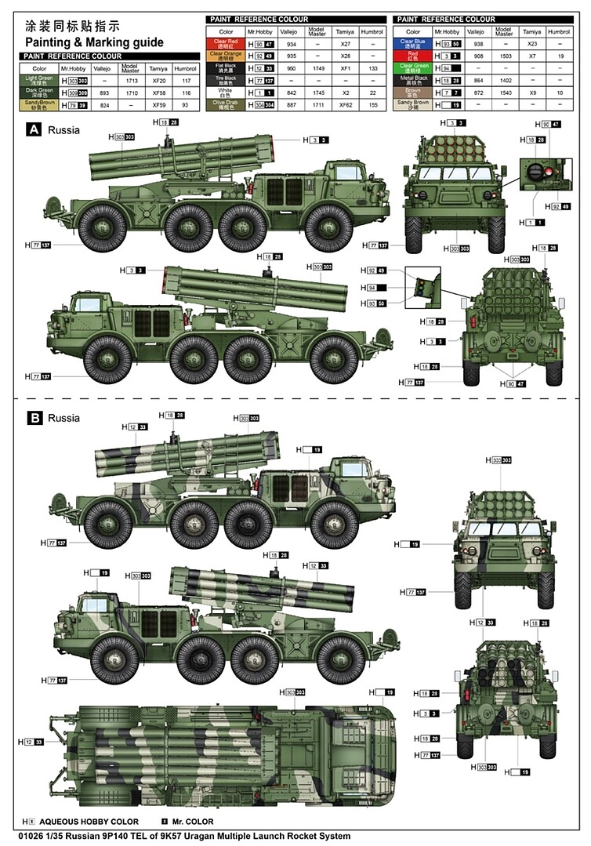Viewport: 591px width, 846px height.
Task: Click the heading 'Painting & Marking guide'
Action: (x=94, y=42)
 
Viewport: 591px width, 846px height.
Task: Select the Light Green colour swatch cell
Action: (x=39, y=80)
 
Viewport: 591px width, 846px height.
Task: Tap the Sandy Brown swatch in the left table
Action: (x=39, y=105)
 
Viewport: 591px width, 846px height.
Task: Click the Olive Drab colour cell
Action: (x=226, y=103)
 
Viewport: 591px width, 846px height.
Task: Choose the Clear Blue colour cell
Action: (x=413, y=43)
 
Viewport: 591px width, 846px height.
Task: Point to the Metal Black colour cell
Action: (x=413, y=79)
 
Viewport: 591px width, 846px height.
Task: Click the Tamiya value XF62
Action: (x=345, y=103)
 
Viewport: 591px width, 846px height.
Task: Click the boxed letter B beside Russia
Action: (x=34, y=418)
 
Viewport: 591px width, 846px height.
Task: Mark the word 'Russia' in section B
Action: (x=63, y=418)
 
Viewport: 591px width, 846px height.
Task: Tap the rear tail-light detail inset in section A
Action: (x=422, y=286)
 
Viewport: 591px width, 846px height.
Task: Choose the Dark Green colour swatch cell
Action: (x=39, y=93)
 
